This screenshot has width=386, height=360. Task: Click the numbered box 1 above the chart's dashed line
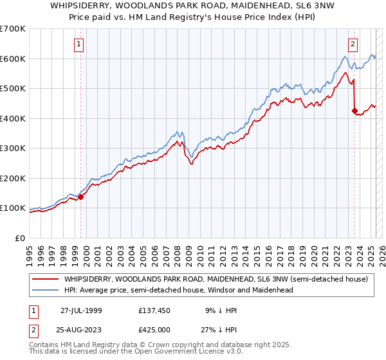coord(78,44)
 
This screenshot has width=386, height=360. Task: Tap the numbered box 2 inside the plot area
coord(353,44)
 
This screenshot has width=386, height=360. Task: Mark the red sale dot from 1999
coord(81,197)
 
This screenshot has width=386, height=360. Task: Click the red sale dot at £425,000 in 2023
coord(354,111)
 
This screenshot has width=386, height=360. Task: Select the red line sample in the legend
coord(46,280)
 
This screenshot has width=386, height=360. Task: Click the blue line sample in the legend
coord(46,290)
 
